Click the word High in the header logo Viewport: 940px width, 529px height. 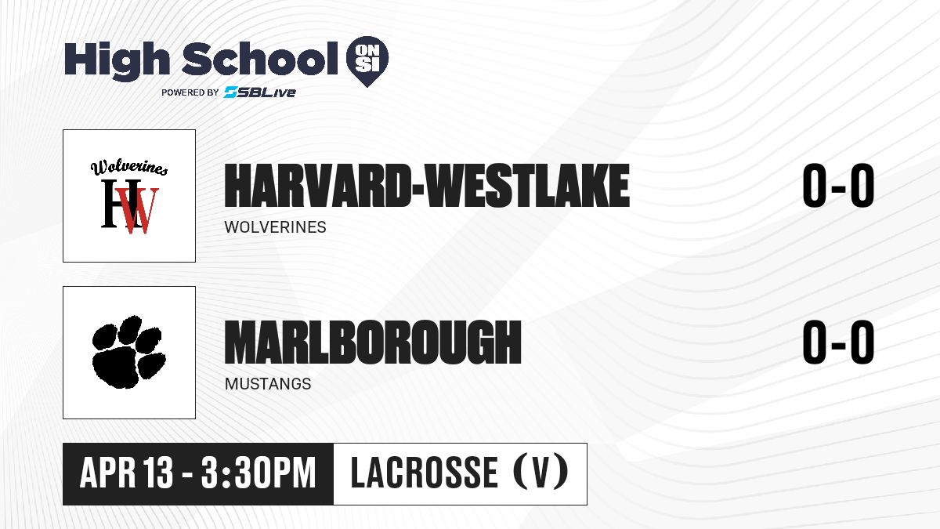click(117, 61)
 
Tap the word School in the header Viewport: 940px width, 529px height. click(260, 59)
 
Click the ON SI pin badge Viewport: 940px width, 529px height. click(367, 61)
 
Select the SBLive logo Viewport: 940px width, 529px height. click(260, 92)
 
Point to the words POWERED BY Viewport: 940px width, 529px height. click(190, 92)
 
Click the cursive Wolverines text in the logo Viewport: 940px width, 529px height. click(129, 167)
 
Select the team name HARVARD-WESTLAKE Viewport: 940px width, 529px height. click(427, 186)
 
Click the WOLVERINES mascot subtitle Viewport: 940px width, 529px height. click(275, 227)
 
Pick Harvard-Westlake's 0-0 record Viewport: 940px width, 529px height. click(838, 186)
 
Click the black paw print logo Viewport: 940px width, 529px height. click(128, 352)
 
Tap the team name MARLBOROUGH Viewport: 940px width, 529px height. click(373, 342)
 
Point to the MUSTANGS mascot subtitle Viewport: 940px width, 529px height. click(268, 384)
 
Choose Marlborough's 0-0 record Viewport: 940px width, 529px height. click(838, 342)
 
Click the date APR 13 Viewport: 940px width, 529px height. click(126, 473)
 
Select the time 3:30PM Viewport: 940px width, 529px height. click(258, 473)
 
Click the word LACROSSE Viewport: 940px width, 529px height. click(425, 473)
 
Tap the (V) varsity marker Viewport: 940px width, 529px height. click(541, 473)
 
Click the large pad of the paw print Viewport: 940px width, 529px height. click(115, 368)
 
